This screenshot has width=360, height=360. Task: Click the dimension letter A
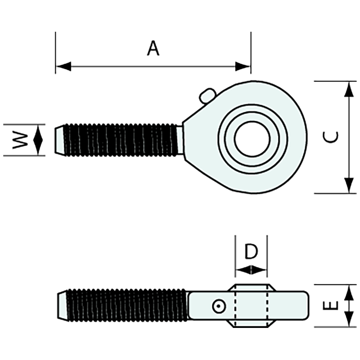tap(153, 48)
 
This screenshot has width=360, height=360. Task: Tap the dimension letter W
tap(20, 140)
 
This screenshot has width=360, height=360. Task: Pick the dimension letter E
tap(331, 306)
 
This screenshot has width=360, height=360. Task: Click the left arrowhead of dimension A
tap(63, 66)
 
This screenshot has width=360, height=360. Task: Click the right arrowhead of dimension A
tap(243, 66)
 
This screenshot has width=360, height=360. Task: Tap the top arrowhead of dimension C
tap(349, 89)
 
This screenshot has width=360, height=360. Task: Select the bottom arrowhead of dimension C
tap(349, 185)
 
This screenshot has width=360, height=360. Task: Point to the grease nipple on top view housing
tap(207, 96)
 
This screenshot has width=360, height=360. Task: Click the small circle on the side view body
tap(218, 306)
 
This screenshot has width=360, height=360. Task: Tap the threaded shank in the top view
tap(121, 140)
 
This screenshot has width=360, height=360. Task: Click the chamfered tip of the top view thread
tap(59, 140)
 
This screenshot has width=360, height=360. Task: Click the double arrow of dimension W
tap(38, 140)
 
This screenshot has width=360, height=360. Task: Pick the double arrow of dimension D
tap(251, 270)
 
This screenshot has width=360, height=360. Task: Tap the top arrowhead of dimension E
tap(349, 292)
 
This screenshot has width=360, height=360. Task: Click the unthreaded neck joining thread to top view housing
tap(180, 140)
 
